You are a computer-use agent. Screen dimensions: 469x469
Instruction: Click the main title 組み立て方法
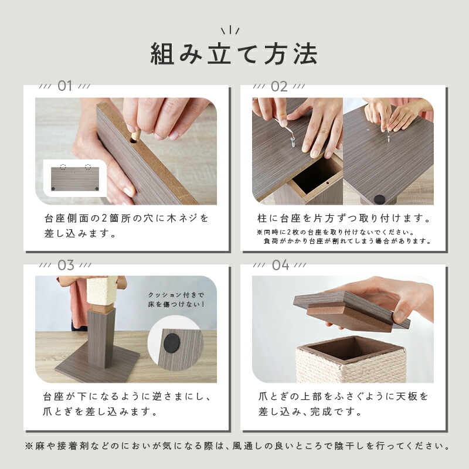coord(233,54)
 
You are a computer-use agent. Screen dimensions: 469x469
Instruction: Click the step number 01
coord(64,86)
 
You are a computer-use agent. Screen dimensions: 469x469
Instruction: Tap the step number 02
coord(279,86)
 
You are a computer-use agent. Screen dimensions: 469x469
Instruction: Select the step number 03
coord(66,266)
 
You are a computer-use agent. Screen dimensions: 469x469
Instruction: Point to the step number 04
coord(281,265)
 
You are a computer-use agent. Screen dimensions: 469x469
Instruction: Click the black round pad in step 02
coord(379,199)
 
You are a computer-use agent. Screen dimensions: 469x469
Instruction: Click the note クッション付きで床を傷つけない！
coord(176,300)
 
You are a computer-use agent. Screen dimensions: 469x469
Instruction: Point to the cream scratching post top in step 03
coord(102,290)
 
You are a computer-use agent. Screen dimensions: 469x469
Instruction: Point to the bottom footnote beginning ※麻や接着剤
coord(238,446)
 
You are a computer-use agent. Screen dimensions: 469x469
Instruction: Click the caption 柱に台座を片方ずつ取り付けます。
coord(344,218)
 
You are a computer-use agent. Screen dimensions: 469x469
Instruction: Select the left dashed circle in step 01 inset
coord(63,166)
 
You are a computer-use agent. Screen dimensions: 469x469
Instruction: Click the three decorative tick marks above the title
coord(230,30)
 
